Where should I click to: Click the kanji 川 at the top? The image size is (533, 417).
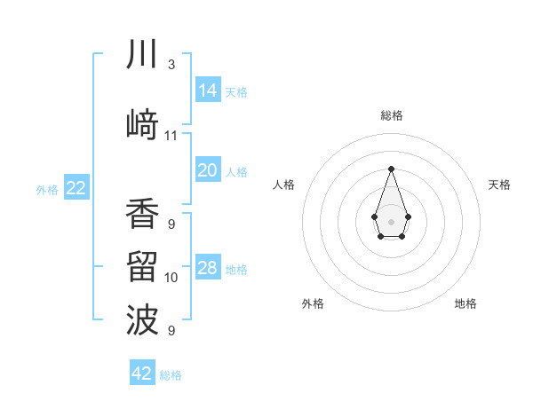coord(142,56)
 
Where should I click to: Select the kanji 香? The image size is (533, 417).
coord(142,214)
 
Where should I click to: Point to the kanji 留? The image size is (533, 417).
coord(142,267)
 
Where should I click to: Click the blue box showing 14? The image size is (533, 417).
coord(207,90)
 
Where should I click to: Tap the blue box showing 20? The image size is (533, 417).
coord(207,170)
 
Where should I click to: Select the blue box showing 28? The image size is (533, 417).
coord(207,268)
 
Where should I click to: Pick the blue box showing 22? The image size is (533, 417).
coord(76,188)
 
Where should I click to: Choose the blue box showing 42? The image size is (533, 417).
coord(142,374)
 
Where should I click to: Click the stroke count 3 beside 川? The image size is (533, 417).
coord(171,65)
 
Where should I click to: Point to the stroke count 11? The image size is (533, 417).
coord(171,136)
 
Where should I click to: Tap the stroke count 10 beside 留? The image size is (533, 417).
coord(171,278)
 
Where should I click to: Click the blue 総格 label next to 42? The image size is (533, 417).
coord(171,375)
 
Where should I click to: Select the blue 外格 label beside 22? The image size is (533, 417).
coord(47,189)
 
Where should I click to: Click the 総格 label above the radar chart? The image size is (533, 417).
coord(391,115)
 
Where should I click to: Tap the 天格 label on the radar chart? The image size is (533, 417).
coord(499,185)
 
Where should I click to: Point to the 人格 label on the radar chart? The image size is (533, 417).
coord(283,185)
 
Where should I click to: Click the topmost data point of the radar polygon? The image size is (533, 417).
coord(391,168)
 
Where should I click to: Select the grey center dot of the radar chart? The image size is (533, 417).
coord(391,221)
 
